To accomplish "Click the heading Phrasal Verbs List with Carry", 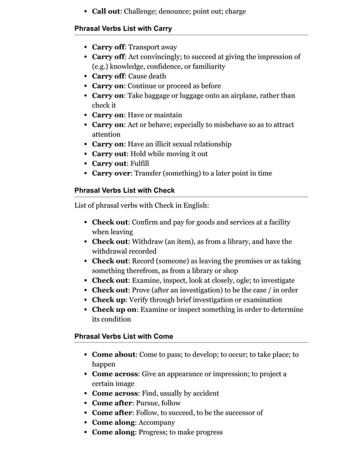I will [x=123, y=28].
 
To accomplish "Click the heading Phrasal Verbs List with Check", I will [x=125, y=190].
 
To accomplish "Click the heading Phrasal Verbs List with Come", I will [x=124, y=336].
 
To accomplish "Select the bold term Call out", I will [x=107, y=11].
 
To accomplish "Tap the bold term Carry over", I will [x=111, y=173].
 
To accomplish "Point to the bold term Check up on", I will [x=113, y=310].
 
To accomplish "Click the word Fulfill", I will [x=139, y=164].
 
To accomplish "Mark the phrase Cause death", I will [x=147, y=76].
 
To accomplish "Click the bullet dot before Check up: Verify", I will [x=85, y=300].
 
